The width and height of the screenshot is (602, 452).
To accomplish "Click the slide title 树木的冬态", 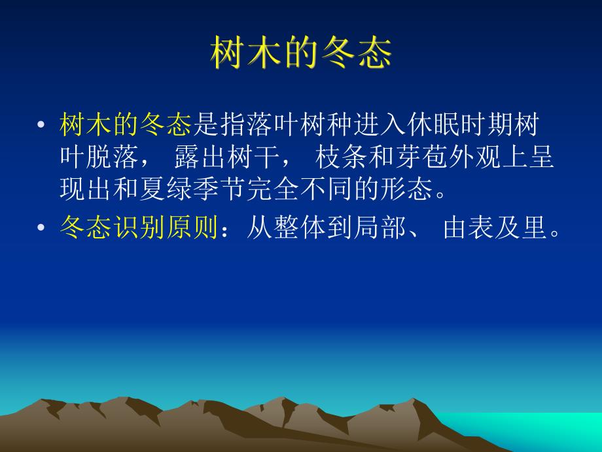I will (301, 53).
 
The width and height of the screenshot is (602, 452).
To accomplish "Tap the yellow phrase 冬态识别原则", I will (138, 229).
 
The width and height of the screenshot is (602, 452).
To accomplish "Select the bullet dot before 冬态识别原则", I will (42, 229).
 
